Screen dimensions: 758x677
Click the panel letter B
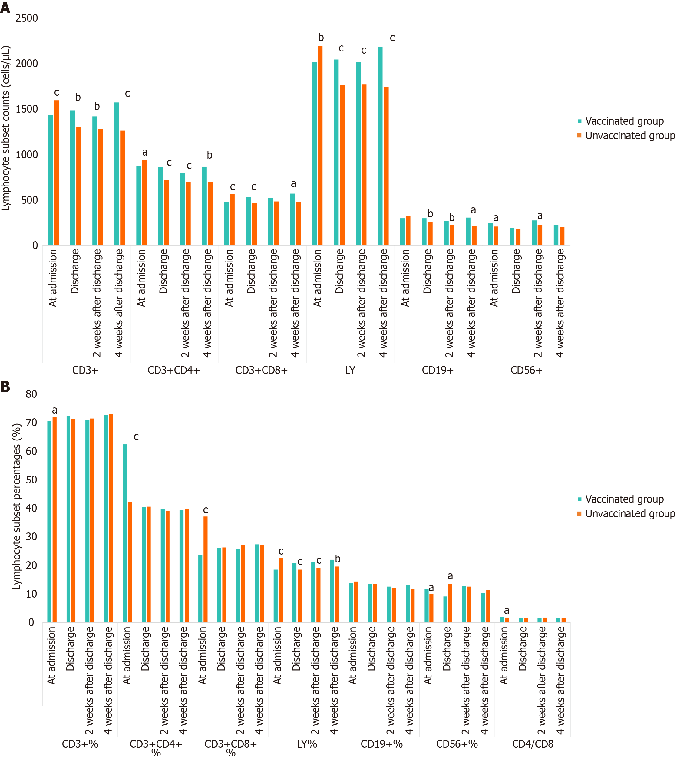[x=5, y=387]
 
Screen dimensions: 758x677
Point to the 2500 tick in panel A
[x=26, y=18]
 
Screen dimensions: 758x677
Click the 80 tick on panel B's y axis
[x=31, y=394]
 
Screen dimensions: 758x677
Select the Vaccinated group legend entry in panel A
[x=624, y=121]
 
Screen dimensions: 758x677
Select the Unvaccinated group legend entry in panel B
[x=630, y=514]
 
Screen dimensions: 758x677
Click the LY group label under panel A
[x=350, y=371]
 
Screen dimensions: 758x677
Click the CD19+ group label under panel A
[x=438, y=371]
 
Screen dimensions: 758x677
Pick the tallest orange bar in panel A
[x=320, y=145]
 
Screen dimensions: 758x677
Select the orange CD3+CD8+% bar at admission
[x=205, y=569]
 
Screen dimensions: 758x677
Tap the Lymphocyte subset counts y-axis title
[x=6, y=128]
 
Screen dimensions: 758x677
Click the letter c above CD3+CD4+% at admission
[x=136, y=437]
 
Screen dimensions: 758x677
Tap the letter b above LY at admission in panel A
[x=321, y=38]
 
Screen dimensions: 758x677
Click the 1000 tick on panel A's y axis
[x=26, y=155]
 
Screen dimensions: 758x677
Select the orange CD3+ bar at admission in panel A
[x=57, y=173]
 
